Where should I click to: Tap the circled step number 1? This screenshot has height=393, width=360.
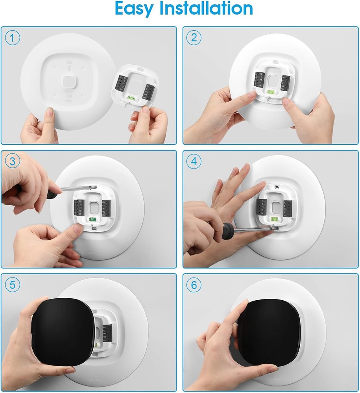pos(13,38)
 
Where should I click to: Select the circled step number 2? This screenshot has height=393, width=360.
pos(194,38)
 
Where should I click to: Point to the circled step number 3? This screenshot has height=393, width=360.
pos(13,162)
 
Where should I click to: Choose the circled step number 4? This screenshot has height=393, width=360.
pos(194,162)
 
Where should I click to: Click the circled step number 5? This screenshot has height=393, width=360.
pos(13,285)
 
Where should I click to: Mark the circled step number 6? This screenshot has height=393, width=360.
pos(194,285)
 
